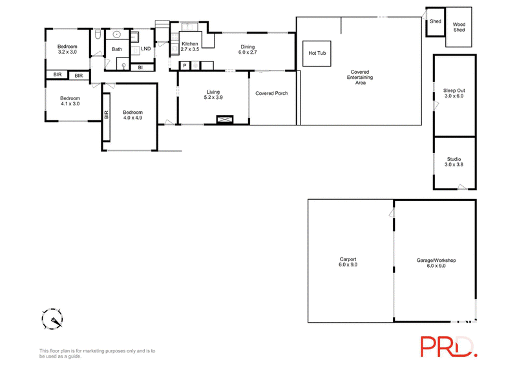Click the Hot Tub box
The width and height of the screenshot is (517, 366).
click(x=317, y=53)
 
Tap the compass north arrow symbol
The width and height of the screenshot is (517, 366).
click(x=52, y=319)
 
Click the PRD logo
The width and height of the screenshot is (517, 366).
click(x=448, y=347)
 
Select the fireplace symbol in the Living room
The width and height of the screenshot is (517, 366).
click(x=225, y=120)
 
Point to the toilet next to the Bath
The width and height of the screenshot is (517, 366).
click(x=98, y=34)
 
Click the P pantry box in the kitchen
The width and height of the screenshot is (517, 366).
click(x=185, y=66)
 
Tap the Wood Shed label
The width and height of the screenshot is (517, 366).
click(x=459, y=27)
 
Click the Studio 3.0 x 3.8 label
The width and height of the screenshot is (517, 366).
click(x=454, y=162)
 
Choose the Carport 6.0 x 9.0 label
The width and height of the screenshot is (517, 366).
click(x=348, y=262)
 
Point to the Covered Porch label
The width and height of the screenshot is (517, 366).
click(x=271, y=93)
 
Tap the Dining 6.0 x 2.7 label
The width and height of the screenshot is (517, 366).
click(x=248, y=50)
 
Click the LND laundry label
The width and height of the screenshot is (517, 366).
click(x=146, y=49)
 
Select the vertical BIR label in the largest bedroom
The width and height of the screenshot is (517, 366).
click(x=106, y=114)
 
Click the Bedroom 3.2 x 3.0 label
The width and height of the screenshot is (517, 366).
click(x=67, y=49)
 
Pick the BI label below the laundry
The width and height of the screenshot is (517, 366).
click(x=140, y=68)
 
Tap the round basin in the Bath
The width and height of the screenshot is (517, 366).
click(x=117, y=34)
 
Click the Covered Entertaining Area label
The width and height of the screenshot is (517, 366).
click(x=360, y=77)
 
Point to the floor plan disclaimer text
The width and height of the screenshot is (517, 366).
click(x=98, y=354)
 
